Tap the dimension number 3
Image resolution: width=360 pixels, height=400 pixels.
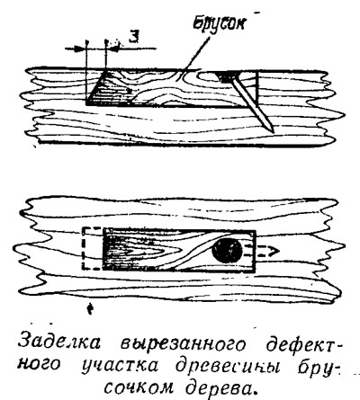(135, 36)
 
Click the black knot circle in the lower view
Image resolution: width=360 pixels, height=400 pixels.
(227, 251)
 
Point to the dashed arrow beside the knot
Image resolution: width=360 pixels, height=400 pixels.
(262, 251)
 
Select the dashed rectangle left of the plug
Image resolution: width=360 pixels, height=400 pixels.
(93, 248)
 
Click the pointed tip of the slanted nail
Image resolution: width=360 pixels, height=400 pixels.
(273, 131)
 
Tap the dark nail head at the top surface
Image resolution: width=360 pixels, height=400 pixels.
(227, 76)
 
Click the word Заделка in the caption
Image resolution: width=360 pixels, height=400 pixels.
(58, 344)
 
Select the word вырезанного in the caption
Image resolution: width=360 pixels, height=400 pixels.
(184, 345)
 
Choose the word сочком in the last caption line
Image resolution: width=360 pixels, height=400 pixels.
(140, 387)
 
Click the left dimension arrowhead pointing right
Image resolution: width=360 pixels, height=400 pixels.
(79, 49)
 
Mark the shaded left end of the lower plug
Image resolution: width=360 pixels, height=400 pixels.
(115, 250)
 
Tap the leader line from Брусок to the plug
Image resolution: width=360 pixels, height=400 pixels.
(195, 56)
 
